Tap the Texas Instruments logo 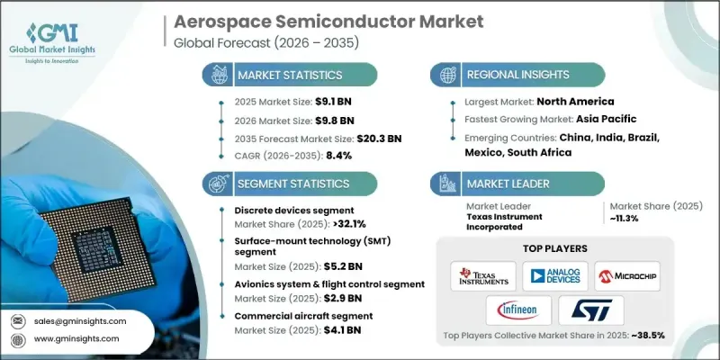point(483,276)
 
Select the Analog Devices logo point(553,276)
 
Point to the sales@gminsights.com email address point(81,320)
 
